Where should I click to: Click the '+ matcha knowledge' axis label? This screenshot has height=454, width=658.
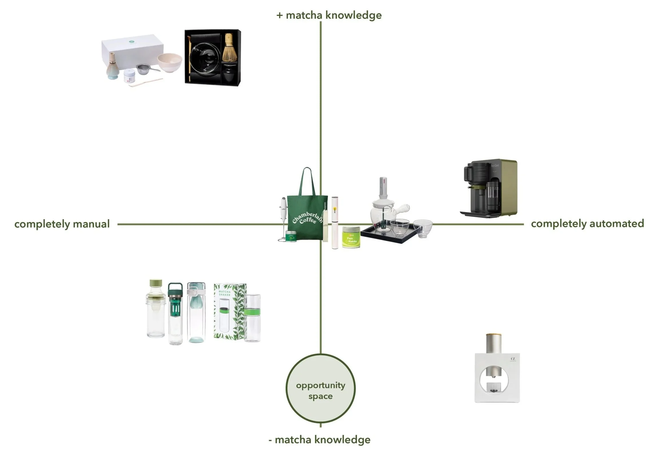(329, 15)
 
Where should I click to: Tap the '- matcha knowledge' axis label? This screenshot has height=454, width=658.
(320, 439)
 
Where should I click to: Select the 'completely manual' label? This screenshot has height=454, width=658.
(62, 224)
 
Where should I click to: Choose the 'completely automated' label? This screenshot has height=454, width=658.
(587, 223)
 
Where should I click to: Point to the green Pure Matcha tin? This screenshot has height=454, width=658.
(351, 237)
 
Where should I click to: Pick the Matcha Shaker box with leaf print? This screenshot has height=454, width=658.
(230, 311)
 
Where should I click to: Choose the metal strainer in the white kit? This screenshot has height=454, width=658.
(144, 70)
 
